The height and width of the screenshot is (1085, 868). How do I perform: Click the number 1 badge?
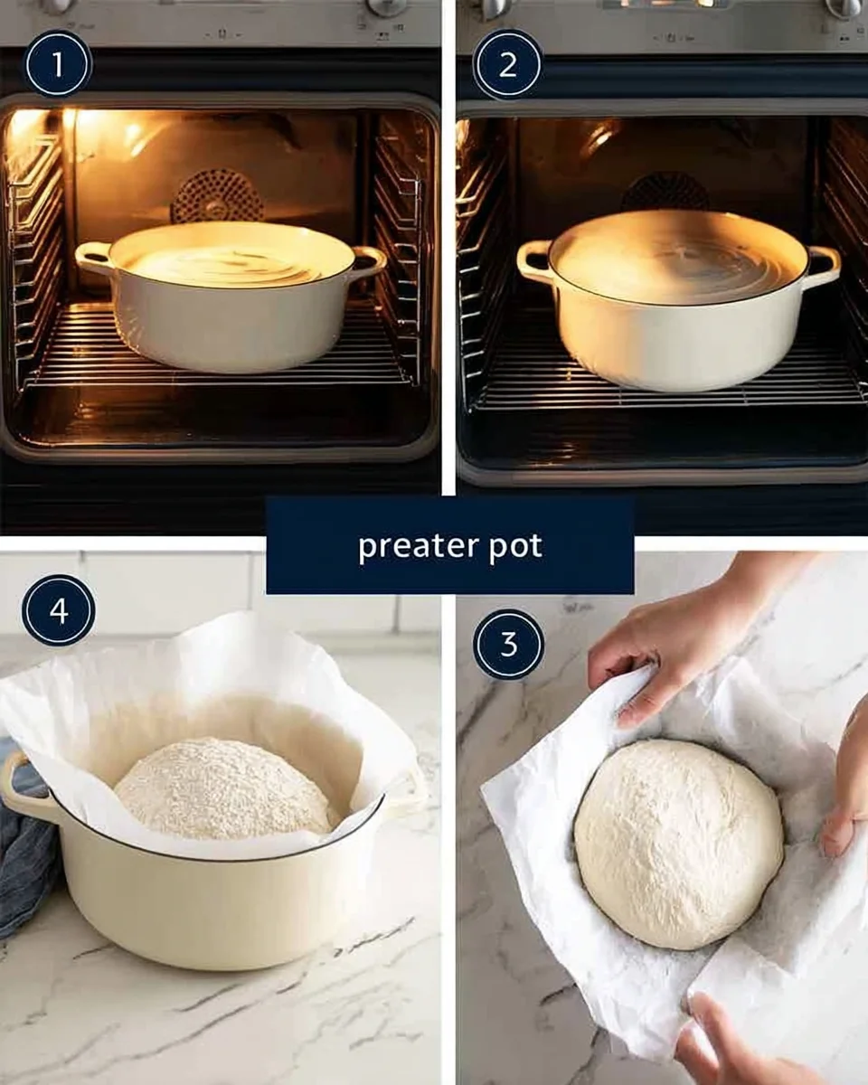[x=58, y=64]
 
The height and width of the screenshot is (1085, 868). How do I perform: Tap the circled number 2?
[x=507, y=64]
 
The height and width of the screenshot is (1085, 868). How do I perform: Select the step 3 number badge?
[x=509, y=644]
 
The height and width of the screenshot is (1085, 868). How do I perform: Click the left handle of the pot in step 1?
[x=93, y=258]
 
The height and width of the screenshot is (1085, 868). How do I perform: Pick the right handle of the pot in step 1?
[x=368, y=260]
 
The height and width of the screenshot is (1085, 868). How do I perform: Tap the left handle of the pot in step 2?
[x=534, y=260]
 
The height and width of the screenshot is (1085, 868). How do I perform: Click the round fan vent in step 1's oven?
[x=217, y=196]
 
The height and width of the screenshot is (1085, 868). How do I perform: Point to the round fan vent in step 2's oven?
[x=665, y=193]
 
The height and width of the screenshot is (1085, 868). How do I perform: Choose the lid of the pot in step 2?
[x=678, y=258]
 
